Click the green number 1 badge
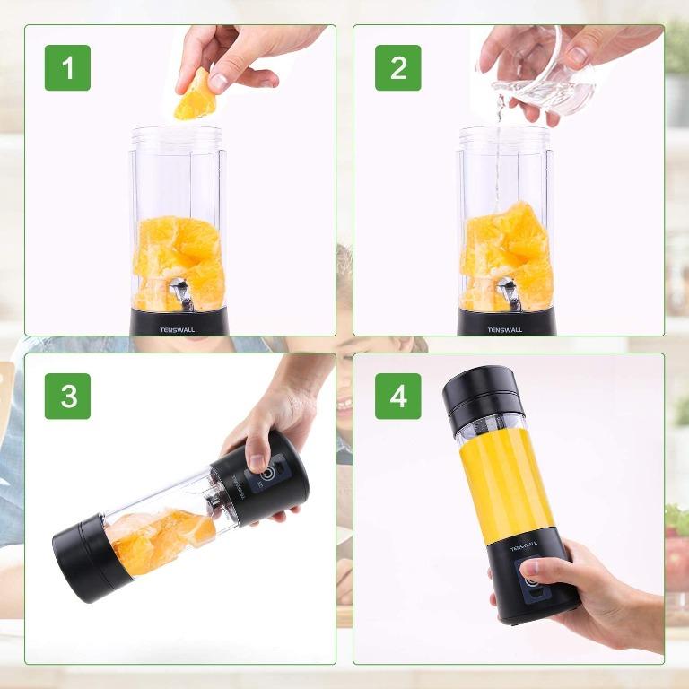67,67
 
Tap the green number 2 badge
397,67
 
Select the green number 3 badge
67,396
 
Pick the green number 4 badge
397,396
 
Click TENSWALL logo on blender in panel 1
178,328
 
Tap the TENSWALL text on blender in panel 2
505,328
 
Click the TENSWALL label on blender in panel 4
524,545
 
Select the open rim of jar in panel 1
178,133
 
